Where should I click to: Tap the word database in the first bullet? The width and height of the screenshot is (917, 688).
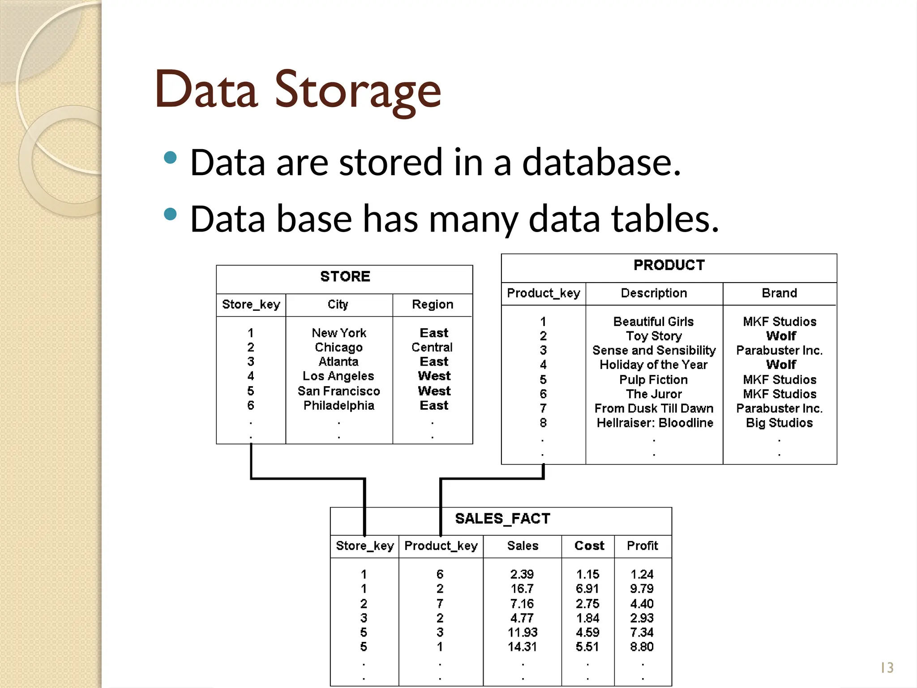click(x=601, y=162)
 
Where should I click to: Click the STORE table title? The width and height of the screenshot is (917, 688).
click(x=345, y=277)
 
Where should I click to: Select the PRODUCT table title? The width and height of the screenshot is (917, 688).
click(x=669, y=265)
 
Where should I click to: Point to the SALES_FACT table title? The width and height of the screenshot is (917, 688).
click(x=502, y=519)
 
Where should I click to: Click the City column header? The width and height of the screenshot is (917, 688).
click(x=338, y=305)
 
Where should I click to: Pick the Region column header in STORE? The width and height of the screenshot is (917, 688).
click(x=433, y=305)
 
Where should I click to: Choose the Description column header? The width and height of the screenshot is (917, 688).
click(x=654, y=293)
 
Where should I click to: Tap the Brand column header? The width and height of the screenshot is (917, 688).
click(x=779, y=293)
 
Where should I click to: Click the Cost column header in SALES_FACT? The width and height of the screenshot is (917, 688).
click(x=589, y=546)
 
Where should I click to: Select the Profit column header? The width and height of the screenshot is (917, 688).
click(x=642, y=546)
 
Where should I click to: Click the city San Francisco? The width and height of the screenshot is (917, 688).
click(x=339, y=391)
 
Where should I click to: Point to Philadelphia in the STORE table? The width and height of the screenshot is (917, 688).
click(x=339, y=406)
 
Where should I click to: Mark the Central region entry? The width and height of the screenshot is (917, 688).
click(x=432, y=348)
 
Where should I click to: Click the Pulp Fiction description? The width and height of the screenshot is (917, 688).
click(x=653, y=380)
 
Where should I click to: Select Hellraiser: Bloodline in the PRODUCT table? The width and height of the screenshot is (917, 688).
click(x=655, y=423)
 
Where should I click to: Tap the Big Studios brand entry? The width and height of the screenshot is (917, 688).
click(x=779, y=423)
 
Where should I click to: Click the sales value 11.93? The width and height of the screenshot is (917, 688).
click(x=523, y=632)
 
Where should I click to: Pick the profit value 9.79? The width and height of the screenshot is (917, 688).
click(x=642, y=589)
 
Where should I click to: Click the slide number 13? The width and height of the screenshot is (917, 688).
click(x=887, y=668)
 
